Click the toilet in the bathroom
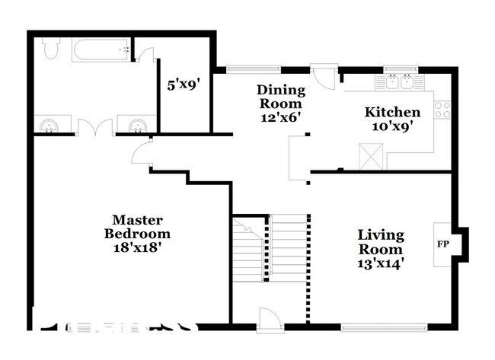click(51, 49)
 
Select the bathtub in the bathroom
click(101, 51)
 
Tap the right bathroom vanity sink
click(138, 125)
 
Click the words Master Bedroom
click(137, 226)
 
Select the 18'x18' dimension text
click(137, 247)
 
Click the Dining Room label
click(279, 97)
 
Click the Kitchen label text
click(392, 112)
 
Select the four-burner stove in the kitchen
click(442, 109)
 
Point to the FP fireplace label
click(442, 244)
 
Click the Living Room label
click(381, 242)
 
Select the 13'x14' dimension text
click(381, 263)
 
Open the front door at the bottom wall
click(269, 320)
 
